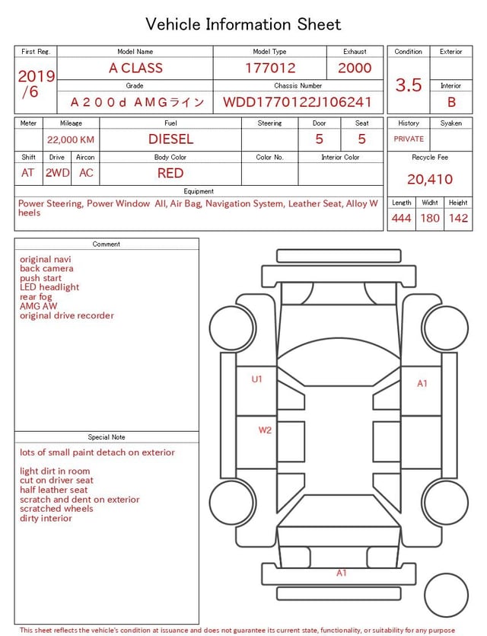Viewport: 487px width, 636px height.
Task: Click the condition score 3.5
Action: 409,85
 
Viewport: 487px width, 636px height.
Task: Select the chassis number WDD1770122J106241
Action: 298,102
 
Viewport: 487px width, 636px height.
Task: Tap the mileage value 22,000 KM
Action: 71,140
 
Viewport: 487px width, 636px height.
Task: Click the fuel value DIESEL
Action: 170,139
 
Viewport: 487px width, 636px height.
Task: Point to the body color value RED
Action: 170,173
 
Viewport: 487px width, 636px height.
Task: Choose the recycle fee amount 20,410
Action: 430,179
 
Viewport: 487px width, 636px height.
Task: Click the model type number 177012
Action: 270,68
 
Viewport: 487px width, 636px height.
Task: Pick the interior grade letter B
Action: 451,102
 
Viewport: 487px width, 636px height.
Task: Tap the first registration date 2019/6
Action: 36,84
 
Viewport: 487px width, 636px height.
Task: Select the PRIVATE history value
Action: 409,139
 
